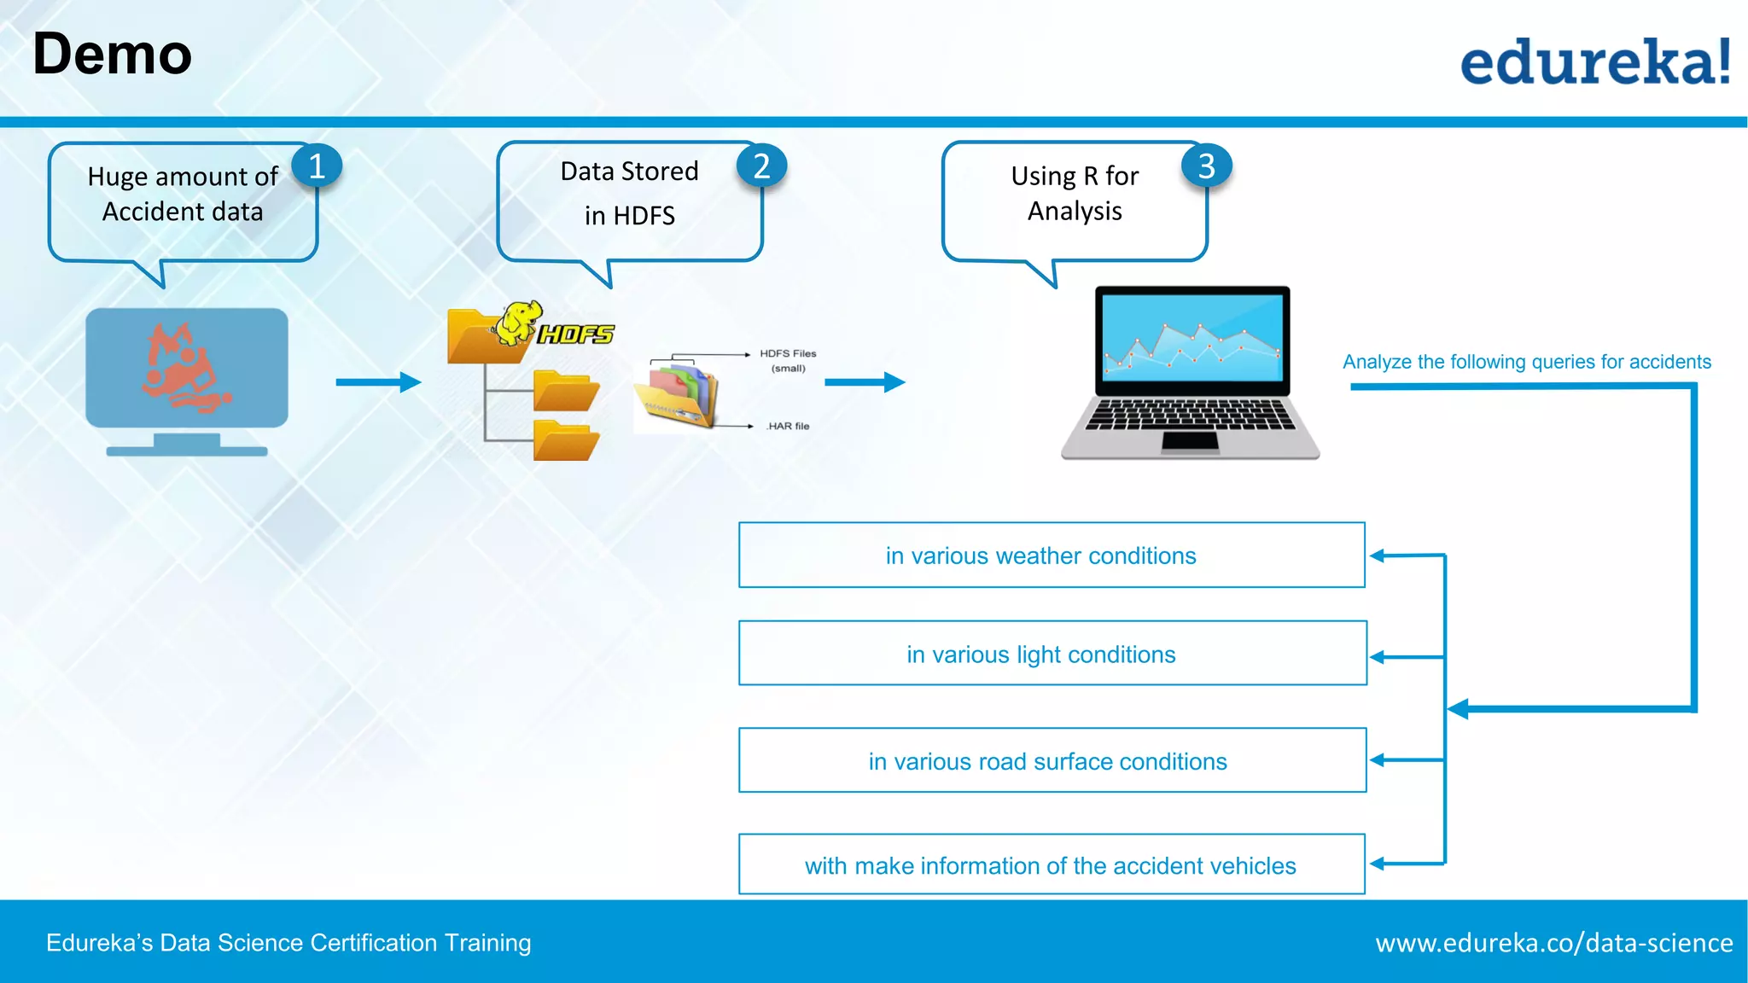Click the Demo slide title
112,55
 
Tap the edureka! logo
1594,61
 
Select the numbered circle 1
317,166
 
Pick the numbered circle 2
761,166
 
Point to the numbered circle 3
1206,166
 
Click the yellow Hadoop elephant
518,322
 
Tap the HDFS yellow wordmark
576,334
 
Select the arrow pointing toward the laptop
864,381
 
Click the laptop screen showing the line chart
1192,337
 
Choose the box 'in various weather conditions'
1052,555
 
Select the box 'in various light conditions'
1052,654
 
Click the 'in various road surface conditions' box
1052,760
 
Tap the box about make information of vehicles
1052,864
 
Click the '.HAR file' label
788,426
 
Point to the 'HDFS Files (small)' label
788,360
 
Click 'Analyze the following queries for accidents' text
1526,362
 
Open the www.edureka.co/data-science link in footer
1553,943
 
